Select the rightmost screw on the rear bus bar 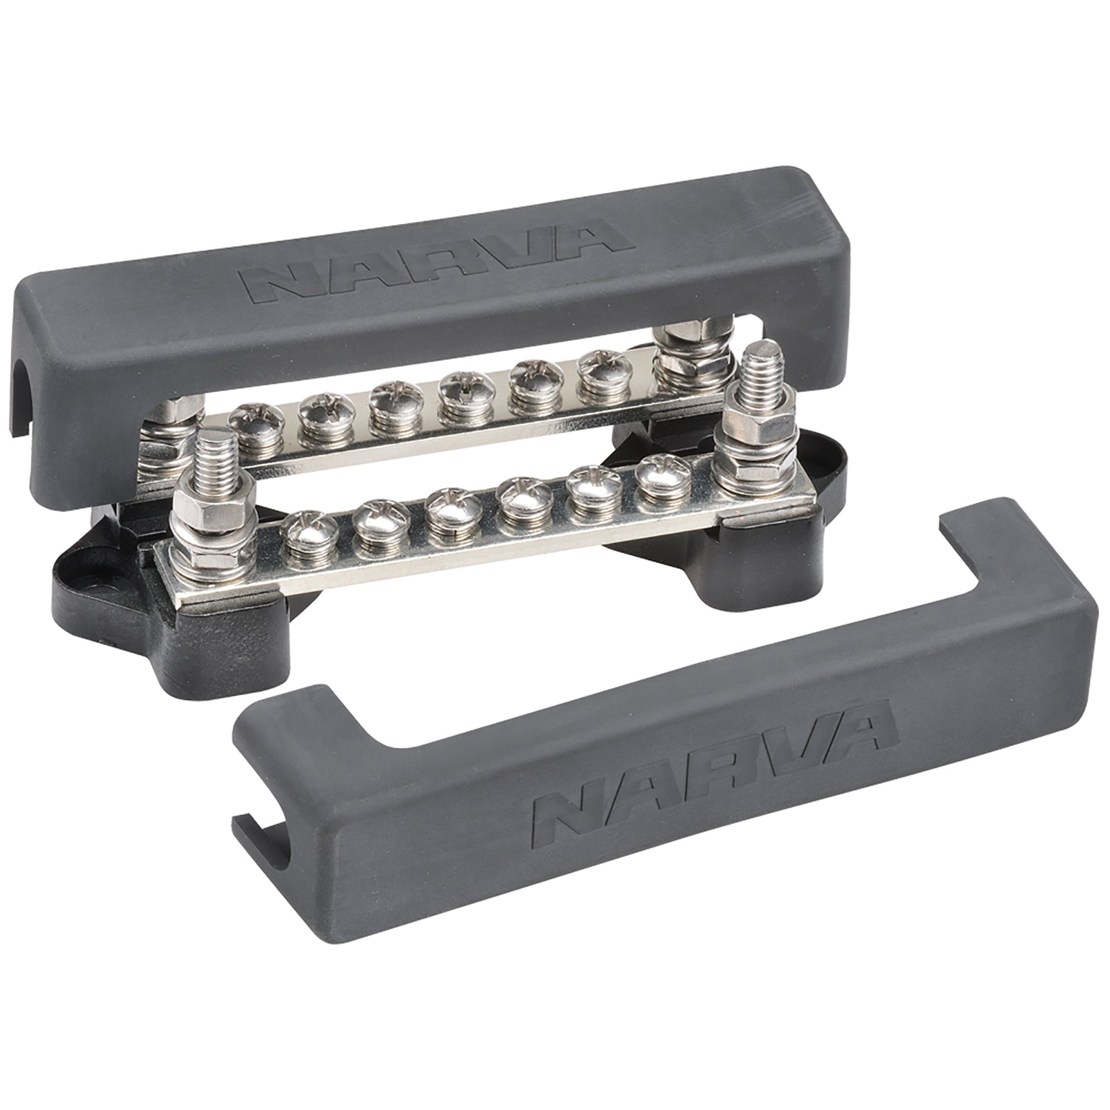tap(599, 374)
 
